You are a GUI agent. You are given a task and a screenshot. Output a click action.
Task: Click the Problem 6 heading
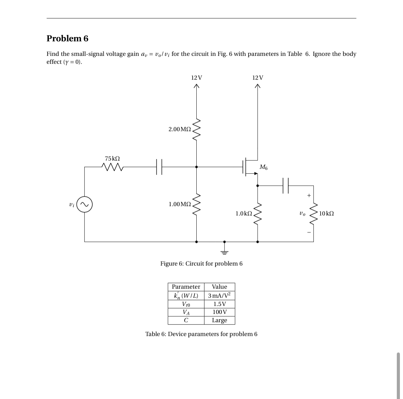coord(68,39)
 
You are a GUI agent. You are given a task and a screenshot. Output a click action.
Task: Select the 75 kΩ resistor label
coord(112,158)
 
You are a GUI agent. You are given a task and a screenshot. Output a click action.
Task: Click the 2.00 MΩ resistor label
coord(179,129)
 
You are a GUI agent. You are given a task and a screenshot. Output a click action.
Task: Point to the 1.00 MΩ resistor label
coord(179,204)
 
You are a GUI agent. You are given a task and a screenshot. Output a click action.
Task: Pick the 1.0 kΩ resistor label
coord(244,213)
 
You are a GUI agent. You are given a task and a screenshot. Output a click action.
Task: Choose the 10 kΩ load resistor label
coord(326,213)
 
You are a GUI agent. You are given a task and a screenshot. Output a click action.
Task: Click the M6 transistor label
coord(263,167)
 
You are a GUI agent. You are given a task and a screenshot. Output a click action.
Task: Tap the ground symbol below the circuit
coord(224,251)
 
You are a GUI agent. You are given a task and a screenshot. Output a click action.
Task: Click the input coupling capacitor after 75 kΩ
coord(159,167)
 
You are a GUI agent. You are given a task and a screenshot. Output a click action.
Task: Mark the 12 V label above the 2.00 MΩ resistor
coord(196,78)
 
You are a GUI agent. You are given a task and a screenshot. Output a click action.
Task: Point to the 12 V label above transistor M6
coord(258,78)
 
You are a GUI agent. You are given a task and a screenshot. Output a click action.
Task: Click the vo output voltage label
coord(302,213)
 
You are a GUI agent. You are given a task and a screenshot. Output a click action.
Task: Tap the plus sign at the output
coord(309,195)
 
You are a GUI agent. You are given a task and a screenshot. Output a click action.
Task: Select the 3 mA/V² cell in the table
coord(219,296)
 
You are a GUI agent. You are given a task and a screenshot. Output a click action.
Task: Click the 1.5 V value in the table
coord(219,304)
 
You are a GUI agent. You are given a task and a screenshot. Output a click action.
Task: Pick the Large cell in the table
coord(219,320)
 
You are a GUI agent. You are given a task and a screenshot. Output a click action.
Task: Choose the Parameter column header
coord(186,287)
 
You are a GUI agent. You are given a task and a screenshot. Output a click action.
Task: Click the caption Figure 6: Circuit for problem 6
coord(201,264)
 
